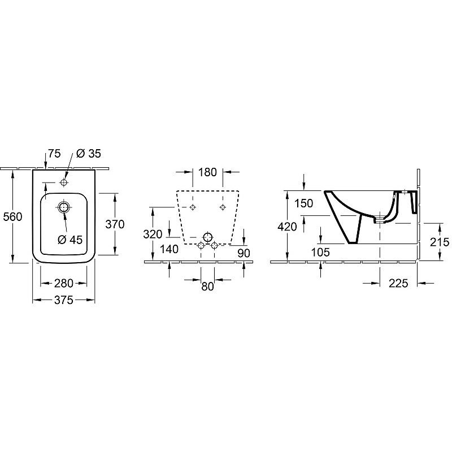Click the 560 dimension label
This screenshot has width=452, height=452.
click(12, 216)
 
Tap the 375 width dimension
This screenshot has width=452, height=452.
click(64, 300)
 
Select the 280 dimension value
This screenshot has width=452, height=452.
click(64, 283)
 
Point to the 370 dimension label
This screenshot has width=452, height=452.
click(115, 224)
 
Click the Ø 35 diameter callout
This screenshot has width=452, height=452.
click(89, 154)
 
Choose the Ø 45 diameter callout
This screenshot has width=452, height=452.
click(70, 240)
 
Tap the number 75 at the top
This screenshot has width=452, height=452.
click(54, 154)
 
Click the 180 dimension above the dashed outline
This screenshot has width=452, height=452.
click(207, 172)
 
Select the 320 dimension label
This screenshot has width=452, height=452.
click(153, 234)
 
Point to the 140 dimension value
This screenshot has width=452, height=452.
click(169, 249)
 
